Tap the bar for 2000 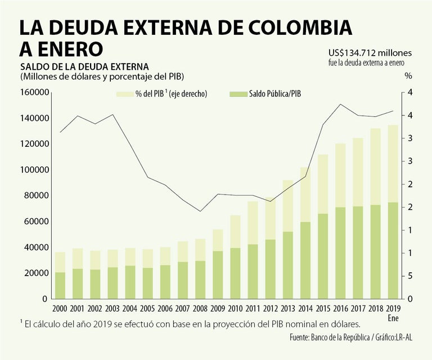point(60,276)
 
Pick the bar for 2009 point(217,264)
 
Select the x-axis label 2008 point(200,308)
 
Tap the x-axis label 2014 point(304,308)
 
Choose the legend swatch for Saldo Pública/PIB point(237,94)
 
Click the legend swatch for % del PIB point(124,94)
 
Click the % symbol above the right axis point(408,75)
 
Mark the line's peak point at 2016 point(340,104)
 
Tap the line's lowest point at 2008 point(200,211)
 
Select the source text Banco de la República point(340,338)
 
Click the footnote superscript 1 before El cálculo point(21,322)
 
